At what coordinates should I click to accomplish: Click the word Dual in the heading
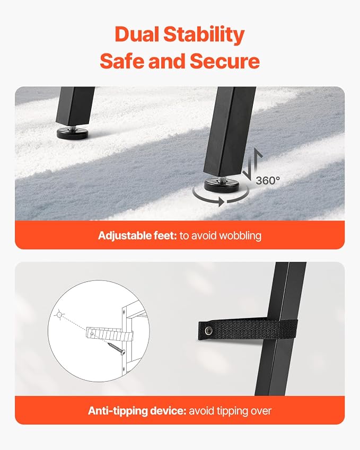(136, 34)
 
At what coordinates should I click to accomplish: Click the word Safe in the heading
(122, 61)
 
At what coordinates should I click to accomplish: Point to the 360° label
(268, 181)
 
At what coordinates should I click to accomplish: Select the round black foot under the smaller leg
(73, 133)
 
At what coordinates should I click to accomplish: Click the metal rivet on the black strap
(208, 331)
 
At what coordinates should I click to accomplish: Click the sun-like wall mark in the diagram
(59, 315)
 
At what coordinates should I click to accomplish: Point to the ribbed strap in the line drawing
(109, 333)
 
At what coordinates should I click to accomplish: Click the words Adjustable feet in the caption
(137, 236)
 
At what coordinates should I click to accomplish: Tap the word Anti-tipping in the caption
(118, 411)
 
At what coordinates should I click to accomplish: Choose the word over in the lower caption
(261, 411)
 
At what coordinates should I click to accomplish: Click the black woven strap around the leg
(248, 330)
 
